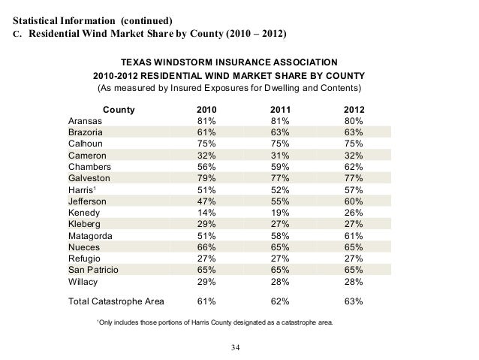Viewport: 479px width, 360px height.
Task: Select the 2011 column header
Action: tap(279, 110)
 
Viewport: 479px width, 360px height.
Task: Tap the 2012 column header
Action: tap(354, 110)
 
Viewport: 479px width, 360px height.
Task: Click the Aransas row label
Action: tap(86, 121)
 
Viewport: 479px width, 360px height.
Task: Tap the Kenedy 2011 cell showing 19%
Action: tap(279, 212)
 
